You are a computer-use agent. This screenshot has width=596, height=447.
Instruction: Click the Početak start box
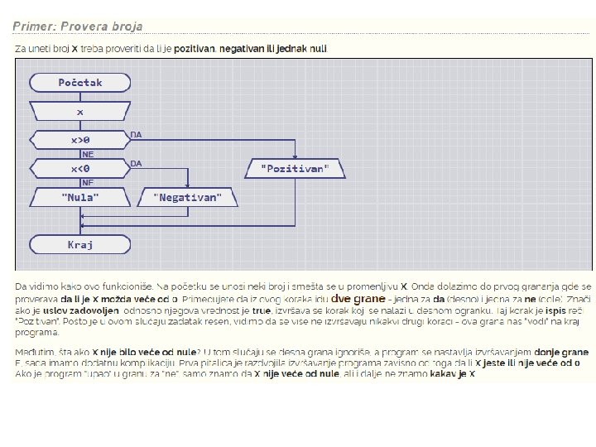tap(80, 82)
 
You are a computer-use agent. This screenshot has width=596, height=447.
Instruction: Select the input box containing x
tap(80, 111)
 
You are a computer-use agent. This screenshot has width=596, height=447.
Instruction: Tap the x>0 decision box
tap(80, 140)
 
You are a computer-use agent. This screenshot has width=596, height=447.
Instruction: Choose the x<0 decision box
tap(80, 169)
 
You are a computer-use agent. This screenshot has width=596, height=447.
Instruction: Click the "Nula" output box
tap(80, 197)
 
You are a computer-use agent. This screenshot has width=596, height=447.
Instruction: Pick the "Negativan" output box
tap(188, 197)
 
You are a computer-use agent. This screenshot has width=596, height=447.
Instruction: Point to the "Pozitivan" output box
tap(296, 169)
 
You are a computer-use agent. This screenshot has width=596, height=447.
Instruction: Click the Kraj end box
tap(80, 244)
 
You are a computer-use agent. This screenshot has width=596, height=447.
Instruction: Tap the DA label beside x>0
tap(137, 133)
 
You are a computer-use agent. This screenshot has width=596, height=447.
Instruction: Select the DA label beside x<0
tap(137, 162)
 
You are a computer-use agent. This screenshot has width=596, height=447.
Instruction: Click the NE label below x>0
tap(87, 153)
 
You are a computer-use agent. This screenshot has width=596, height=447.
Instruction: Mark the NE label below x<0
tap(87, 182)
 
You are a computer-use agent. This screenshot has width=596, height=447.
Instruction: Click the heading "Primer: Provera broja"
tap(77, 26)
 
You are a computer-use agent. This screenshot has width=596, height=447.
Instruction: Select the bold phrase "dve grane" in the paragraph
tap(358, 297)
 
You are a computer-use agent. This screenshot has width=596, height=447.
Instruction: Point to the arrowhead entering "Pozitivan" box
tap(296, 156)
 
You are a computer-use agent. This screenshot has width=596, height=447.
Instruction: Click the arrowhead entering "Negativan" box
tap(188, 185)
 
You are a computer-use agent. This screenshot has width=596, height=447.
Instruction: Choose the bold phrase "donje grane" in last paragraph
tap(561, 351)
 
